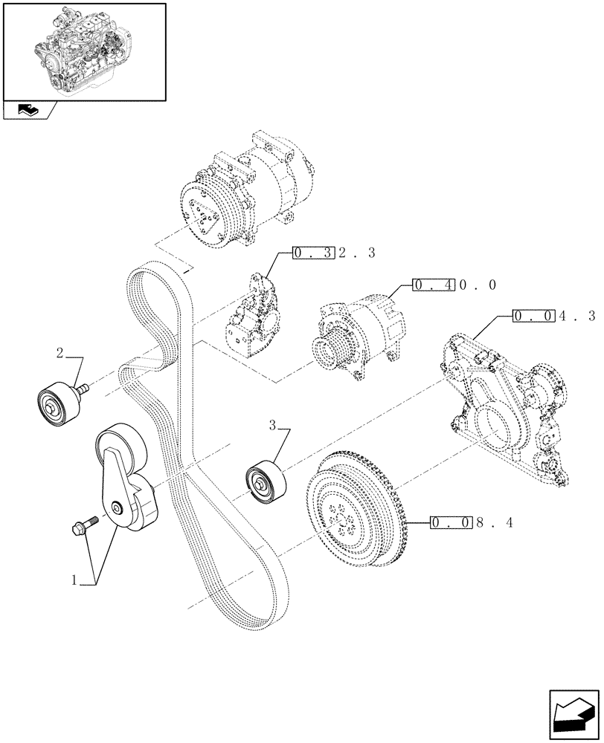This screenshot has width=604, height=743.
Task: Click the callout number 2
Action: coord(62,351)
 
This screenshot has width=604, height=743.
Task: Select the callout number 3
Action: coord(272,426)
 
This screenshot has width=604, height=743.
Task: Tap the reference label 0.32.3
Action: coord(334,253)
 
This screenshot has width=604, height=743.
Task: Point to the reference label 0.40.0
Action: coord(453,285)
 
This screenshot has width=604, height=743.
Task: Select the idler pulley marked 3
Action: coord(263,483)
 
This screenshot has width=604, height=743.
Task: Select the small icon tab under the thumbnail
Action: coord(29,111)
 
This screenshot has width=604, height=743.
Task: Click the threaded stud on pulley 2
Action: coord(81,387)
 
